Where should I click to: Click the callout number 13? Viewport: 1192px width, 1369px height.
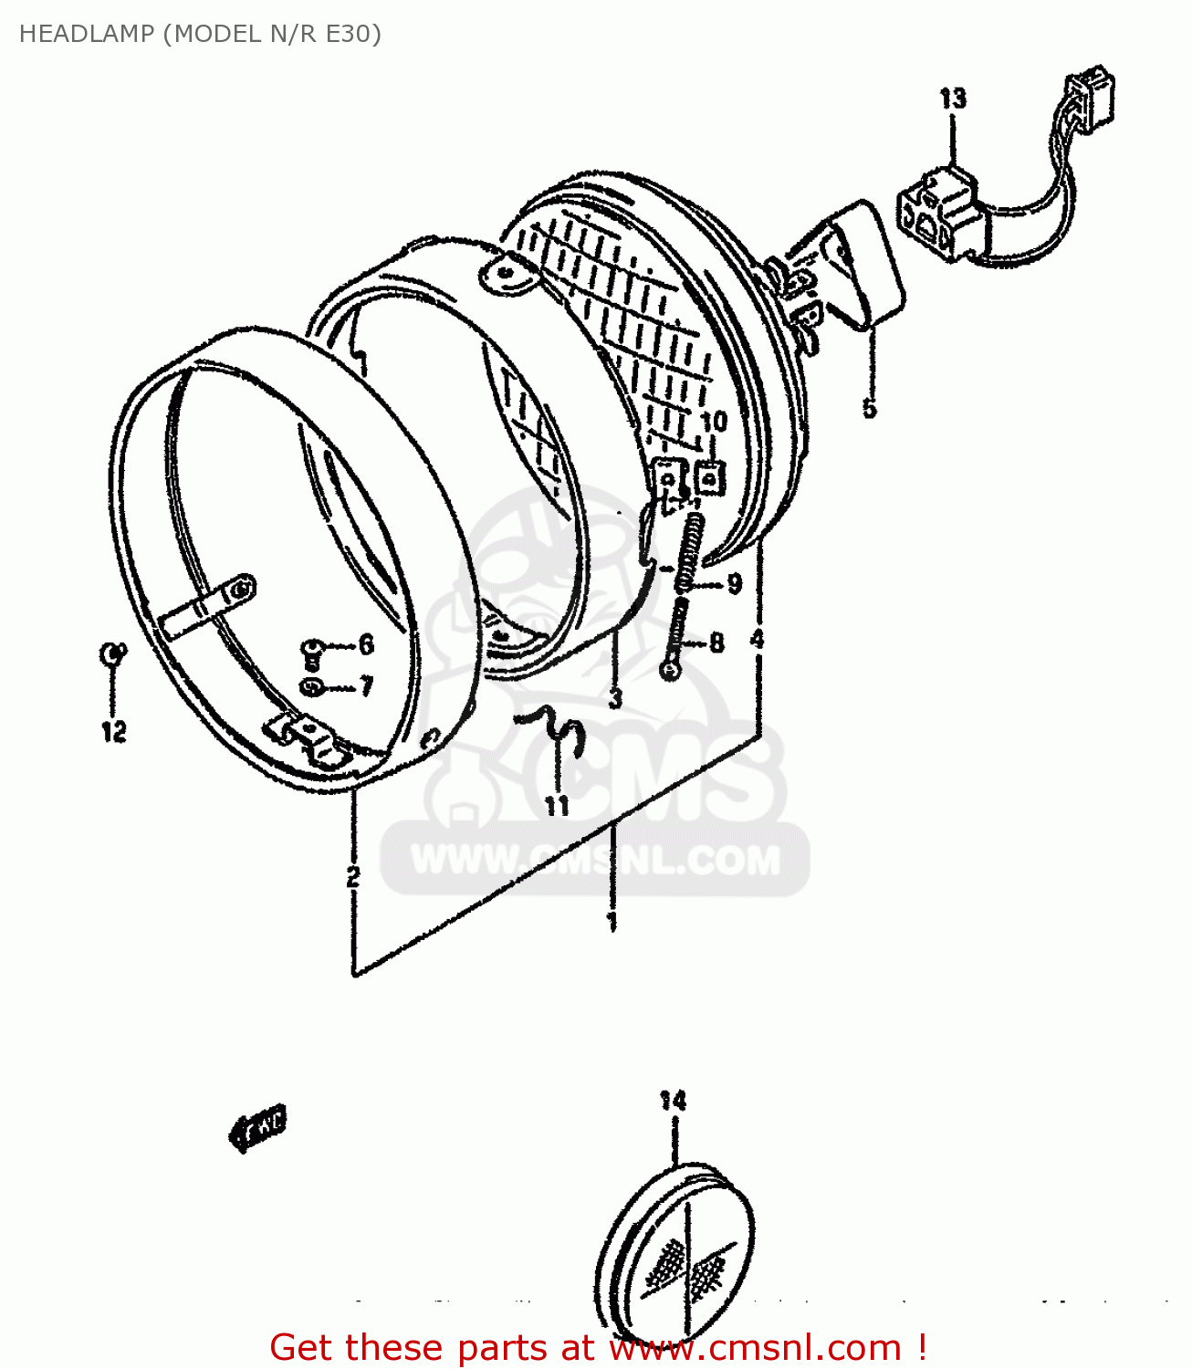tap(953, 99)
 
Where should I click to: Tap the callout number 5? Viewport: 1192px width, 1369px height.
tap(869, 407)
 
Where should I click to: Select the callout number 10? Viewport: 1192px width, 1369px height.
tap(714, 422)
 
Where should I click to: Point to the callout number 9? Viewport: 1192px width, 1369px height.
tap(734, 584)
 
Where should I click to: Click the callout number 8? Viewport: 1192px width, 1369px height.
tap(716, 643)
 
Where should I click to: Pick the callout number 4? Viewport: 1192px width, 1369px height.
tap(757, 639)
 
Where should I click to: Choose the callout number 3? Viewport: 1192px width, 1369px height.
tap(615, 698)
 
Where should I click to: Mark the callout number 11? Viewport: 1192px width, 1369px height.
tap(557, 805)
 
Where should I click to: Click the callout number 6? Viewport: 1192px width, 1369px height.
tap(366, 644)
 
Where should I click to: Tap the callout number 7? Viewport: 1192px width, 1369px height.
tap(366, 685)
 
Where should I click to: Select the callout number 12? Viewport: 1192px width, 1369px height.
tap(113, 731)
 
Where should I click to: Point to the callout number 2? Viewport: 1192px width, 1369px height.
tap(353, 876)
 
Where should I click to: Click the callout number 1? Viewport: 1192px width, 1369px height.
tap(612, 921)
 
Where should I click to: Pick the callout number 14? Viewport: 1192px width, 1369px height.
tap(673, 1101)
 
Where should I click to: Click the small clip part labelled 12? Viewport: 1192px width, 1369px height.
tap(111, 653)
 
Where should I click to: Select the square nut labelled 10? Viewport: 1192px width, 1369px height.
tap(709, 477)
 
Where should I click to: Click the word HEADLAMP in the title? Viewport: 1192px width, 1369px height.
tap(87, 34)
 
